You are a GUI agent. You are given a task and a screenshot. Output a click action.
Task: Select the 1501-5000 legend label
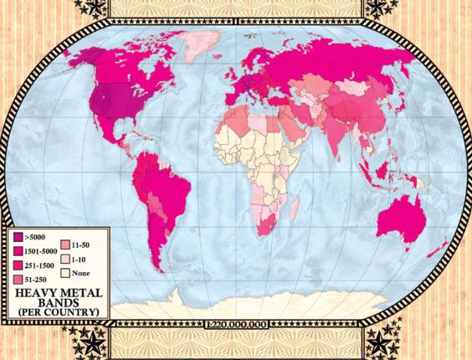(40, 250)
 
